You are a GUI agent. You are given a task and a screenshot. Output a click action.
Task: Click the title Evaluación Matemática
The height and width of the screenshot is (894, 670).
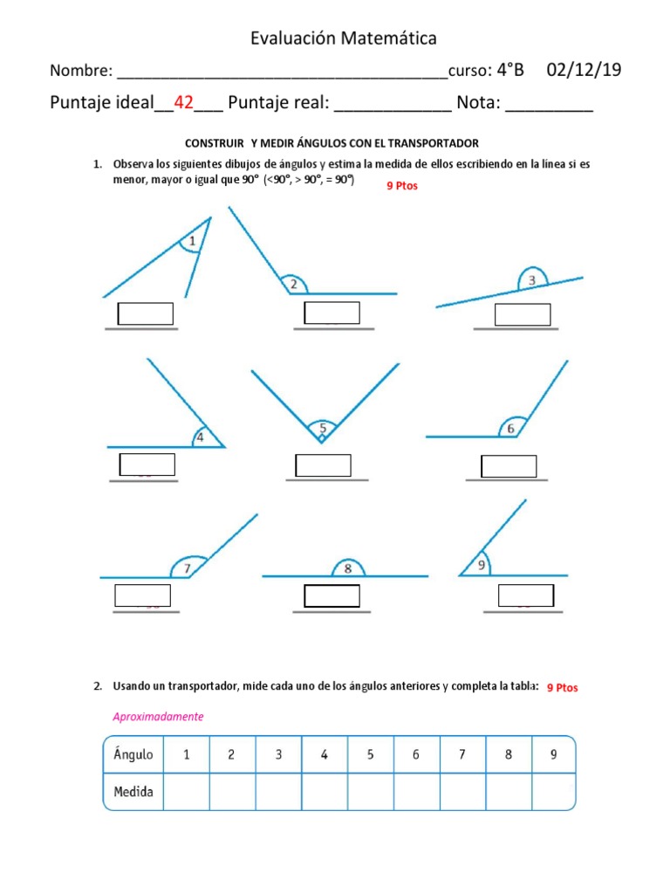pyautogui.click(x=344, y=38)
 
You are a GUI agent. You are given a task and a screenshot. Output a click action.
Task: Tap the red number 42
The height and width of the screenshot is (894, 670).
pyautogui.click(x=183, y=103)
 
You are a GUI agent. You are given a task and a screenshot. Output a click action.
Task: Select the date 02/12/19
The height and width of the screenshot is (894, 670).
pyautogui.click(x=584, y=71)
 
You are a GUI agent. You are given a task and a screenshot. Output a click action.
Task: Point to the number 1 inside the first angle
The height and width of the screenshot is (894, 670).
pyautogui.click(x=192, y=241)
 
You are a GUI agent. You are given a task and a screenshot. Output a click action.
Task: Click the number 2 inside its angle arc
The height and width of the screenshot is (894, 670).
pyautogui.click(x=294, y=284)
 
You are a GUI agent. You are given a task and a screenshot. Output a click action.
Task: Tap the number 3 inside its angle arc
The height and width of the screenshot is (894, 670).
pyautogui.click(x=531, y=280)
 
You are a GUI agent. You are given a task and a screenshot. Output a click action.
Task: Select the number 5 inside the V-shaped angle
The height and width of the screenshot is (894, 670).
pyautogui.click(x=322, y=428)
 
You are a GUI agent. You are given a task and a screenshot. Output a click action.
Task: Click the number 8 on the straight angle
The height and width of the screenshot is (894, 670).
pyautogui.click(x=347, y=568)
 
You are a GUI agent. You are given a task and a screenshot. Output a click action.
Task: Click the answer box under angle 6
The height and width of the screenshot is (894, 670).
pyautogui.click(x=509, y=466)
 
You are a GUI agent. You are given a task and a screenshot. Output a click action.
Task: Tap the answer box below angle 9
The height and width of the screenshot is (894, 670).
pyautogui.click(x=525, y=595)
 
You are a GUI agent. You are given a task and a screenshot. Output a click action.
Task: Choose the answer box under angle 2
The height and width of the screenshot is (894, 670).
pyautogui.click(x=332, y=313)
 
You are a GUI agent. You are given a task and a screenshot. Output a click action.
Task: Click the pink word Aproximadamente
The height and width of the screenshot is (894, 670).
pyautogui.click(x=158, y=717)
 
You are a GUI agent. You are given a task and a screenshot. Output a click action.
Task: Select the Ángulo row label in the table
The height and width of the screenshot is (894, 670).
pyautogui.click(x=133, y=755)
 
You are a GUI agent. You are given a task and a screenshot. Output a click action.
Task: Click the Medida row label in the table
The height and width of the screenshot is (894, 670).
pyautogui.click(x=133, y=792)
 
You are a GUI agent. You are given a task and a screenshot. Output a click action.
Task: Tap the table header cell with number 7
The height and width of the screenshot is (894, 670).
pyautogui.click(x=461, y=755)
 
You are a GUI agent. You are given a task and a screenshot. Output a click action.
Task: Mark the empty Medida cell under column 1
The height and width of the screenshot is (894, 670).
pyautogui.click(x=186, y=792)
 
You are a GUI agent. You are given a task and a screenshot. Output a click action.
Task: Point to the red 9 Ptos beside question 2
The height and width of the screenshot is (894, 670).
pyautogui.click(x=562, y=688)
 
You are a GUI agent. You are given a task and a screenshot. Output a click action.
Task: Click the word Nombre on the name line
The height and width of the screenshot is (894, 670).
pyautogui.click(x=80, y=71)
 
